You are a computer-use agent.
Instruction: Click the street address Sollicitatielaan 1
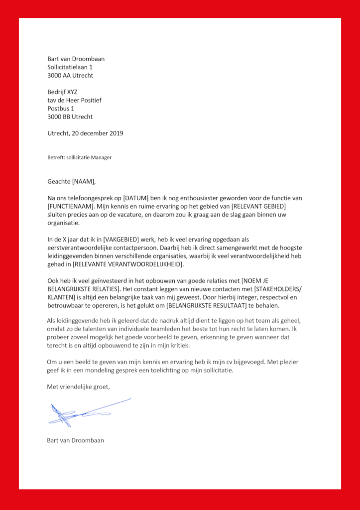(x=70, y=67)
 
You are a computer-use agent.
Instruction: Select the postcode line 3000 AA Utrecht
(x=70, y=76)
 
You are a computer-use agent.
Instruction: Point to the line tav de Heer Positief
(x=74, y=100)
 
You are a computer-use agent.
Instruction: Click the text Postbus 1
(x=61, y=109)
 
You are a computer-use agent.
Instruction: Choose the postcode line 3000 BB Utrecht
(x=70, y=117)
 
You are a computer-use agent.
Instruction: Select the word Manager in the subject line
(x=101, y=157)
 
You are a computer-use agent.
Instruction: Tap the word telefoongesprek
(x=89, y=198)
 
